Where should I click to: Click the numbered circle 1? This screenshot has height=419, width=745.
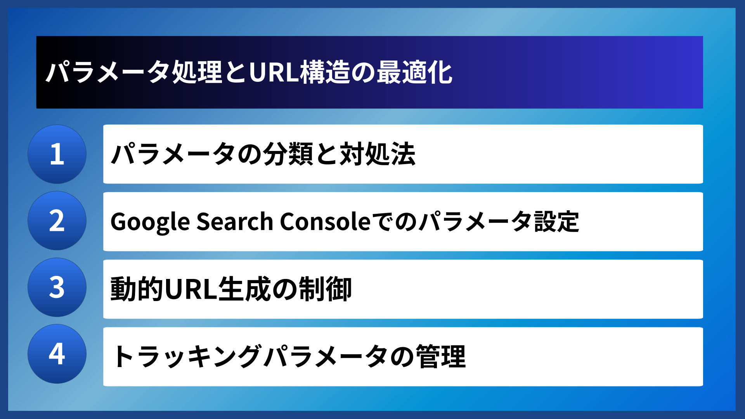[x=57, y=154]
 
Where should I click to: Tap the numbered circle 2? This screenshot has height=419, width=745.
[x=57, y=221]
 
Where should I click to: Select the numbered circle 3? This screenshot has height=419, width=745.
[x=57, y=287]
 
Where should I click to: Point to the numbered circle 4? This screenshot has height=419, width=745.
[x=57, y=354]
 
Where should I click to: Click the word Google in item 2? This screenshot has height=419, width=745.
[x=150, y=222]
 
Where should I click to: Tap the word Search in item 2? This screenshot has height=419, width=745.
[x=235, y=222]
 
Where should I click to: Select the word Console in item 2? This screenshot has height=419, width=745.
[x=325, y=222]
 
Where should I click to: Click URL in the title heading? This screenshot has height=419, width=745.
[x=274, y=73]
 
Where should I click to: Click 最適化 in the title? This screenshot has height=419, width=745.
[x=414, y=73]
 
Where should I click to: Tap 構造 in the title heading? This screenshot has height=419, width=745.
[x=325, y=73]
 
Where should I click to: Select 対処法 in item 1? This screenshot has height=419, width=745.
[x=378, y=154]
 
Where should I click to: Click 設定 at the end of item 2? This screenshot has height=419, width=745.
[x=557, y=222]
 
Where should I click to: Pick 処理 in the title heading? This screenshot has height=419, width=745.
[x=197, y=73]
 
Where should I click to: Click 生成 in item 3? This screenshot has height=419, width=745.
[x=244, y=289]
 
